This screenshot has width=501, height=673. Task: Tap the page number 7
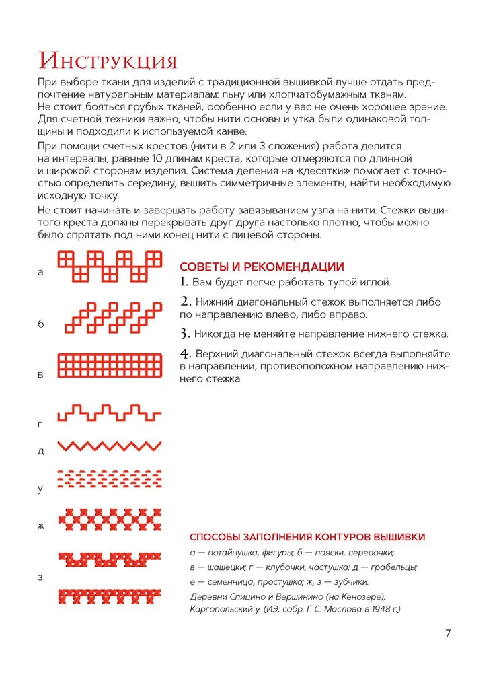448,633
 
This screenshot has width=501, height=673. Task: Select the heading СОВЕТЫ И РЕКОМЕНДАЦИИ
262,267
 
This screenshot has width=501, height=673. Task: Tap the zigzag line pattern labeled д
110,446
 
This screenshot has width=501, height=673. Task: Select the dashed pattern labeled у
110,479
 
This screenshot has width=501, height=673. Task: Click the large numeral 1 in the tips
183,282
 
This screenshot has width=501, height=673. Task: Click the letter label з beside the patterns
40,578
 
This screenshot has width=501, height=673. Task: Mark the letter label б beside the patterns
40,324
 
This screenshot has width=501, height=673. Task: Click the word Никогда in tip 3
214,334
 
